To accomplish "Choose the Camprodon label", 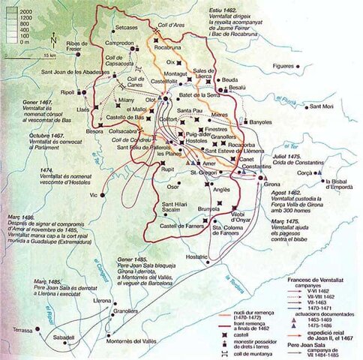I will coord(120,43).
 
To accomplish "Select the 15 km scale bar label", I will coord(49,55).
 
